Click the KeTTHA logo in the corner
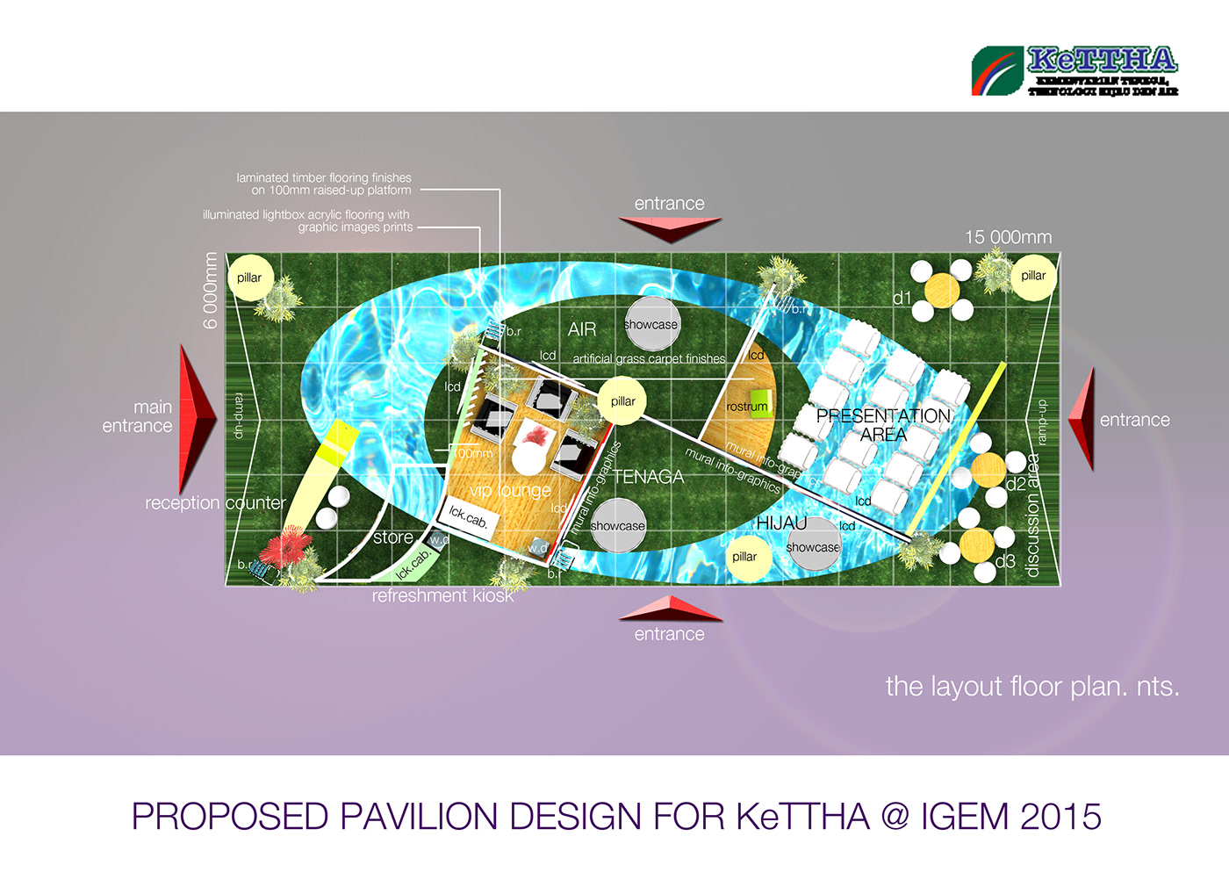pos(1074,70)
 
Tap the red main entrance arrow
pos(197,419)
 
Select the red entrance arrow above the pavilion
pos(670,227)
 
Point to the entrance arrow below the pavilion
pos(670,608)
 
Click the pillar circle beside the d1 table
pos(1032,276)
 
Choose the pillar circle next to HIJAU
pos(744,557)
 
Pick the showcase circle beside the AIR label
pos(651,324)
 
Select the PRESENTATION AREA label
pos(883,425)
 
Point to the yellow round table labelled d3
pos(976,544)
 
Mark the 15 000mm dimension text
pos(1008,237)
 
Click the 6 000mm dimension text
pos(210,291)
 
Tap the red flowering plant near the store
pos(287,551)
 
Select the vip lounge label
pos(510,490)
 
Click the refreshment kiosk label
pos(442,595)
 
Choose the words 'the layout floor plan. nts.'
pos(1031,686)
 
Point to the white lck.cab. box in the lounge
pos(467,516)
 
